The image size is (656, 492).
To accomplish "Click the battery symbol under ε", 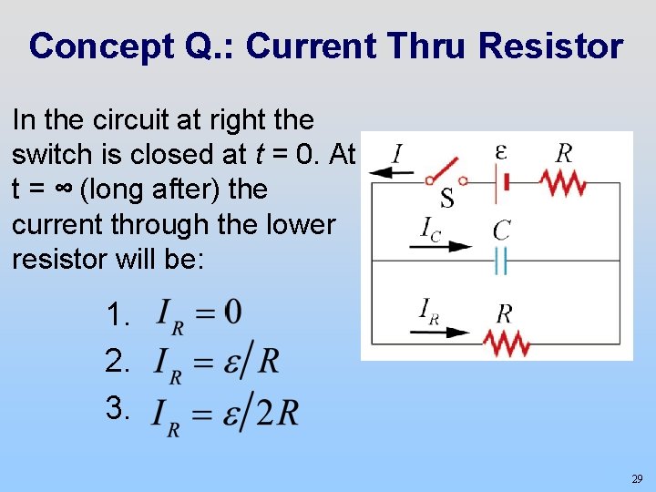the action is click(x=499, y=183).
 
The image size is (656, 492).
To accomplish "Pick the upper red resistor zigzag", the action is click(x=562, y=183).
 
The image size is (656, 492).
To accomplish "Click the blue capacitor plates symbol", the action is click(x=500, y=262).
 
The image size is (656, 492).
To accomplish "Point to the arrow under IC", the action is click(x=446, y=246).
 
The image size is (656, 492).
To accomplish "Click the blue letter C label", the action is click(x=501, y=231).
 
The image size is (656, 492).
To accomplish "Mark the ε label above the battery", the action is click(x=501, y=151).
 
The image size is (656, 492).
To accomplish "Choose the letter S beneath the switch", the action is click(x=447, y=197).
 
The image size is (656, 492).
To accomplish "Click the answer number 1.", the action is click(x=117, y=316).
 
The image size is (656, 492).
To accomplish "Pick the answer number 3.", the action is click(x=117, y=408).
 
